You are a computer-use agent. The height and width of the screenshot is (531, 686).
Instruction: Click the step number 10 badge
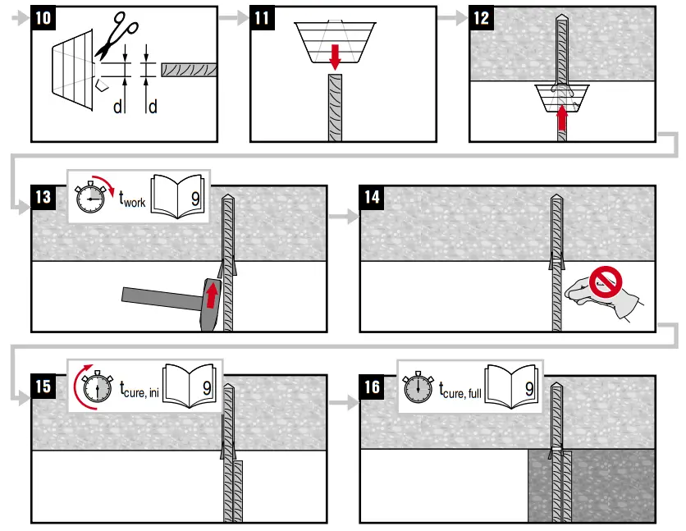tap(44, 17)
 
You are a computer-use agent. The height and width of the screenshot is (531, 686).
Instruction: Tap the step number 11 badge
tap(263, 17)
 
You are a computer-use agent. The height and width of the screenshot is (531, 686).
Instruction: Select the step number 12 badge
tap(482, 17)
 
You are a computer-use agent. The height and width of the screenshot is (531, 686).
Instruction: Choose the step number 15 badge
tap(44, 386)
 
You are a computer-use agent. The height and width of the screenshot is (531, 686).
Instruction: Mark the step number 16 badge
tap(373, 386)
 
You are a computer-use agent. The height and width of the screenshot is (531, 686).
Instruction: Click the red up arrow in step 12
tap(562, 119)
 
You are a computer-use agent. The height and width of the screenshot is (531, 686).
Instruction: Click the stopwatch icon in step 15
tap(96, 385)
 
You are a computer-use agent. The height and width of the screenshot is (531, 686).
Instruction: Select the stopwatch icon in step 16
tap(418, 385)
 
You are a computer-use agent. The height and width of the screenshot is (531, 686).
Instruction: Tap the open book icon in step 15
tap(190, 384)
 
